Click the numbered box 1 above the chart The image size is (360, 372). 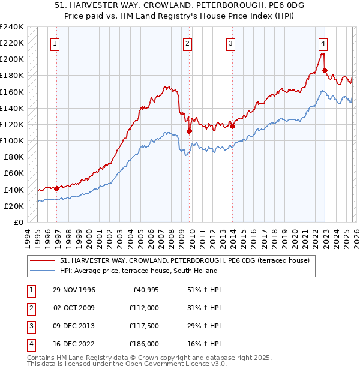[x=55, y=43]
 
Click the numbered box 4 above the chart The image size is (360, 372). [x=323, y=43]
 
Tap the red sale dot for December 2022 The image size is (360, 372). [x=325, y=70]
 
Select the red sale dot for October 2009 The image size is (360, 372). [x=189, y=131]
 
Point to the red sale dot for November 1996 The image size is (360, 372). [x=56, y=188]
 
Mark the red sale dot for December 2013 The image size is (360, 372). [x=232, y=126]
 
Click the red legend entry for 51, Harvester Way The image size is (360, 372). [x=184, y=260]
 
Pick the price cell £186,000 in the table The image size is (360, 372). [x=143, y=344]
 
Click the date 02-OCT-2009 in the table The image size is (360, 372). [x=73, y=308]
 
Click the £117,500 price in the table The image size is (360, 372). [x=143, y=326]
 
